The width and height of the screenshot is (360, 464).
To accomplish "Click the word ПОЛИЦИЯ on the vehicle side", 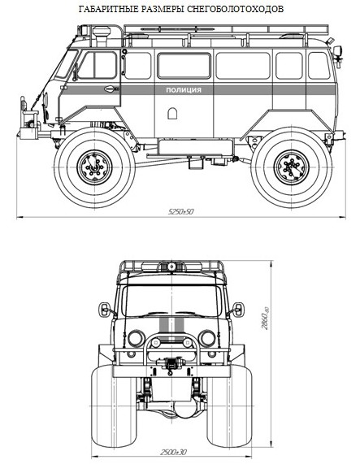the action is [184, 90].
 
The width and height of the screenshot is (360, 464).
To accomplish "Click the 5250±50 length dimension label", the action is [180, 211].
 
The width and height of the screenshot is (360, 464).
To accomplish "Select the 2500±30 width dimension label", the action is [174, 452].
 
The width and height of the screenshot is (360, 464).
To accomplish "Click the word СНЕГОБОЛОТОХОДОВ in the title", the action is [235, 9].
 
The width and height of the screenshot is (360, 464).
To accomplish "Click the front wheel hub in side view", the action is [94, 167].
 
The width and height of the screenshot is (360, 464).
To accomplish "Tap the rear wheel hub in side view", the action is [292, 167].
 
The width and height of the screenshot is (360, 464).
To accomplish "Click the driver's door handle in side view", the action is [111, 89].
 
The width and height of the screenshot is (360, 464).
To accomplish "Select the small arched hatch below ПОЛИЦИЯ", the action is [172, 113].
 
